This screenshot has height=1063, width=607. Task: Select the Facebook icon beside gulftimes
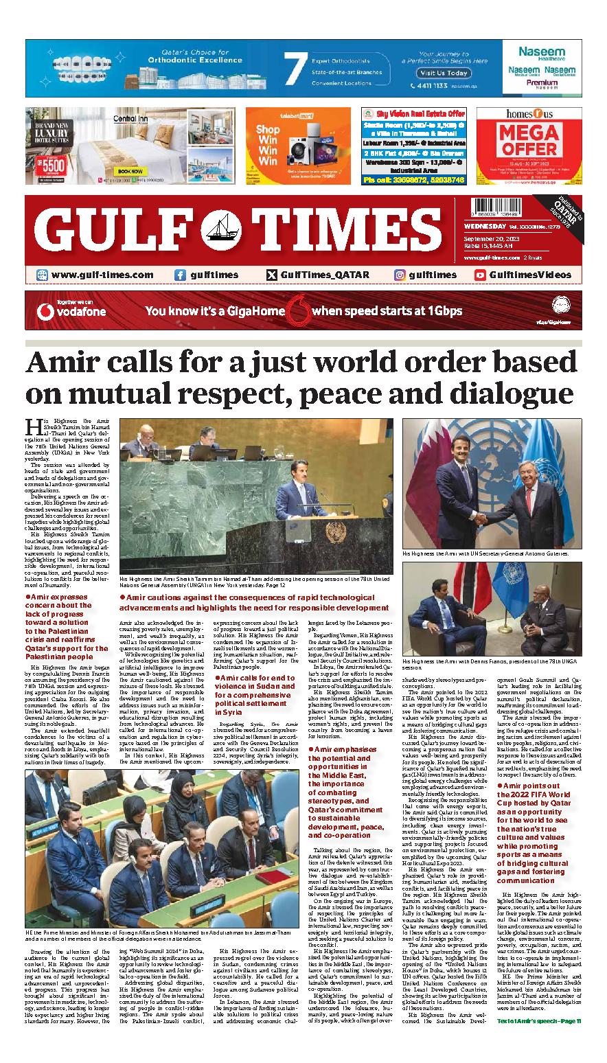(180, 275)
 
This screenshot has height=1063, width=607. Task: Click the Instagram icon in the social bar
(400, 275)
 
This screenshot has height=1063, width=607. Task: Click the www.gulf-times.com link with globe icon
(94, 275)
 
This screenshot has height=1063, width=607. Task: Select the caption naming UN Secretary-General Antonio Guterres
(485, 553)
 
